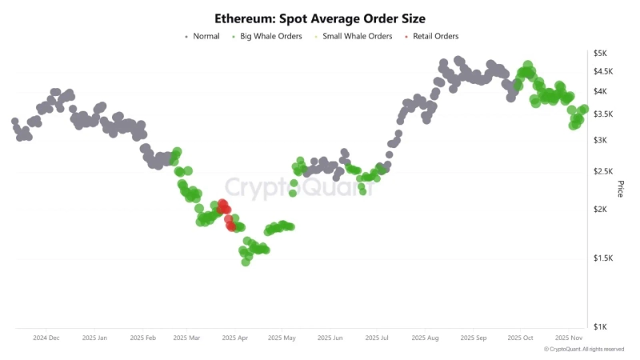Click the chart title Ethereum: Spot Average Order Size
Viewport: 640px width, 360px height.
319,18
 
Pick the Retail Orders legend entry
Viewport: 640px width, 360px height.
431,36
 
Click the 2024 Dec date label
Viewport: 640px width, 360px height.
46,338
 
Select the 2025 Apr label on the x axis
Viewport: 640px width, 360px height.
236,338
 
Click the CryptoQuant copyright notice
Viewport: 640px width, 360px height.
584,350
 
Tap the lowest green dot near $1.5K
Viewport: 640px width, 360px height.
246,262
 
